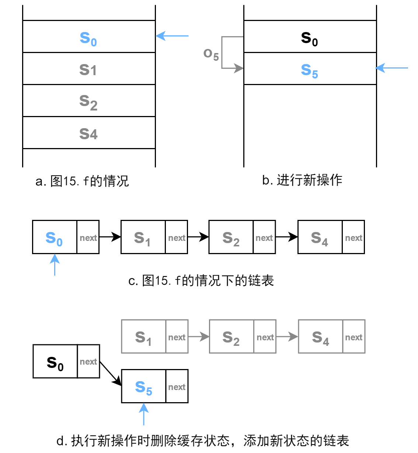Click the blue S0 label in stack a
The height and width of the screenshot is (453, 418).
88,38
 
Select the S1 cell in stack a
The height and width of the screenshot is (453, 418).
88,69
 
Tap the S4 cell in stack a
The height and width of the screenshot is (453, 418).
88,133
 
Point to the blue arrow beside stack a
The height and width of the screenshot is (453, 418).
172,36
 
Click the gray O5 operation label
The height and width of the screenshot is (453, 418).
211,55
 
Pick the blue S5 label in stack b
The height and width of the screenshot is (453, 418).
309,70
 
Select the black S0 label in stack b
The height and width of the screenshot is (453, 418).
309,38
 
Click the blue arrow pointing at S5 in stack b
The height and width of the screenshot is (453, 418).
392,68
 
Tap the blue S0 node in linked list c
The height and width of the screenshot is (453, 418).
54,238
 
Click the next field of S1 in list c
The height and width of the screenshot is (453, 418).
177,238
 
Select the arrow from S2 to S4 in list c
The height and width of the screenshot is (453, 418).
286,237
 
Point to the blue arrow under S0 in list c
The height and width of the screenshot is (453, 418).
55,265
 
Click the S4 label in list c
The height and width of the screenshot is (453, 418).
319,238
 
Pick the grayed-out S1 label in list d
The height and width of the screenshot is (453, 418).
143,337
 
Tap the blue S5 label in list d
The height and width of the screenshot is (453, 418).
143,387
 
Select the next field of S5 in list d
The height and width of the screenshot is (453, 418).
177,387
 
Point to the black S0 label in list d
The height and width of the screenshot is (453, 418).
55,363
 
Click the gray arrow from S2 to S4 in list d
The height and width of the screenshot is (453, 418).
287,337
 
